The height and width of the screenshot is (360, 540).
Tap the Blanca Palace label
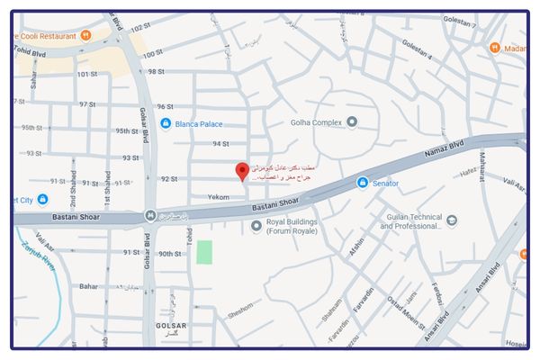tap(201, 123)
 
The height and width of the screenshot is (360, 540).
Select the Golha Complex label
tap(316, 122)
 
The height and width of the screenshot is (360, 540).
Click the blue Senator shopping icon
tap(362, 184)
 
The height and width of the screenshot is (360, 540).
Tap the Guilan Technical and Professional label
tap(410, 221)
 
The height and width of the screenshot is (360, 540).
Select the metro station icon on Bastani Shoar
tap(149, 216)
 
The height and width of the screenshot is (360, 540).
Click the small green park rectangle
tap(204, 253)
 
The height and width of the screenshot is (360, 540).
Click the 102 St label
tap(139, 28)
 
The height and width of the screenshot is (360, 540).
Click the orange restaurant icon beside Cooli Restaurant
tap(85, 35)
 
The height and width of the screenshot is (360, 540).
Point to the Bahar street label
tap(88, 286)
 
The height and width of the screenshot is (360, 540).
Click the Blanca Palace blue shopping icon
tap(166, 123)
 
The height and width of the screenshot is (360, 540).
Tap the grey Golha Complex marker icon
tap(352, 121)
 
